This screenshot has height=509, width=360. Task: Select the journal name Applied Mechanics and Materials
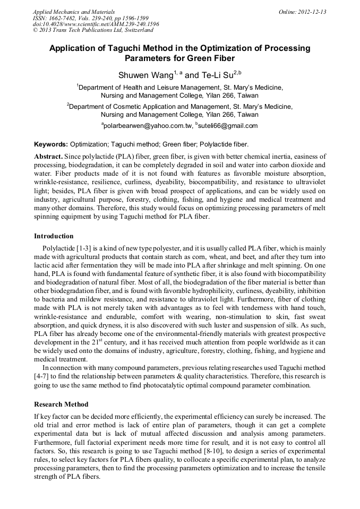click(74, 11)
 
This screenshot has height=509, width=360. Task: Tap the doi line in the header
click(96, 24)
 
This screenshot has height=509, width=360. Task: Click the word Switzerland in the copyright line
click(136, 30)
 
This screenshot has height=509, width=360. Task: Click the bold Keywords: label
click(51, 144)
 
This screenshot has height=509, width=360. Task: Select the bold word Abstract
click(48, 157)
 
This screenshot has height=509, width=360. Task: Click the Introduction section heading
click(54, 236)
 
